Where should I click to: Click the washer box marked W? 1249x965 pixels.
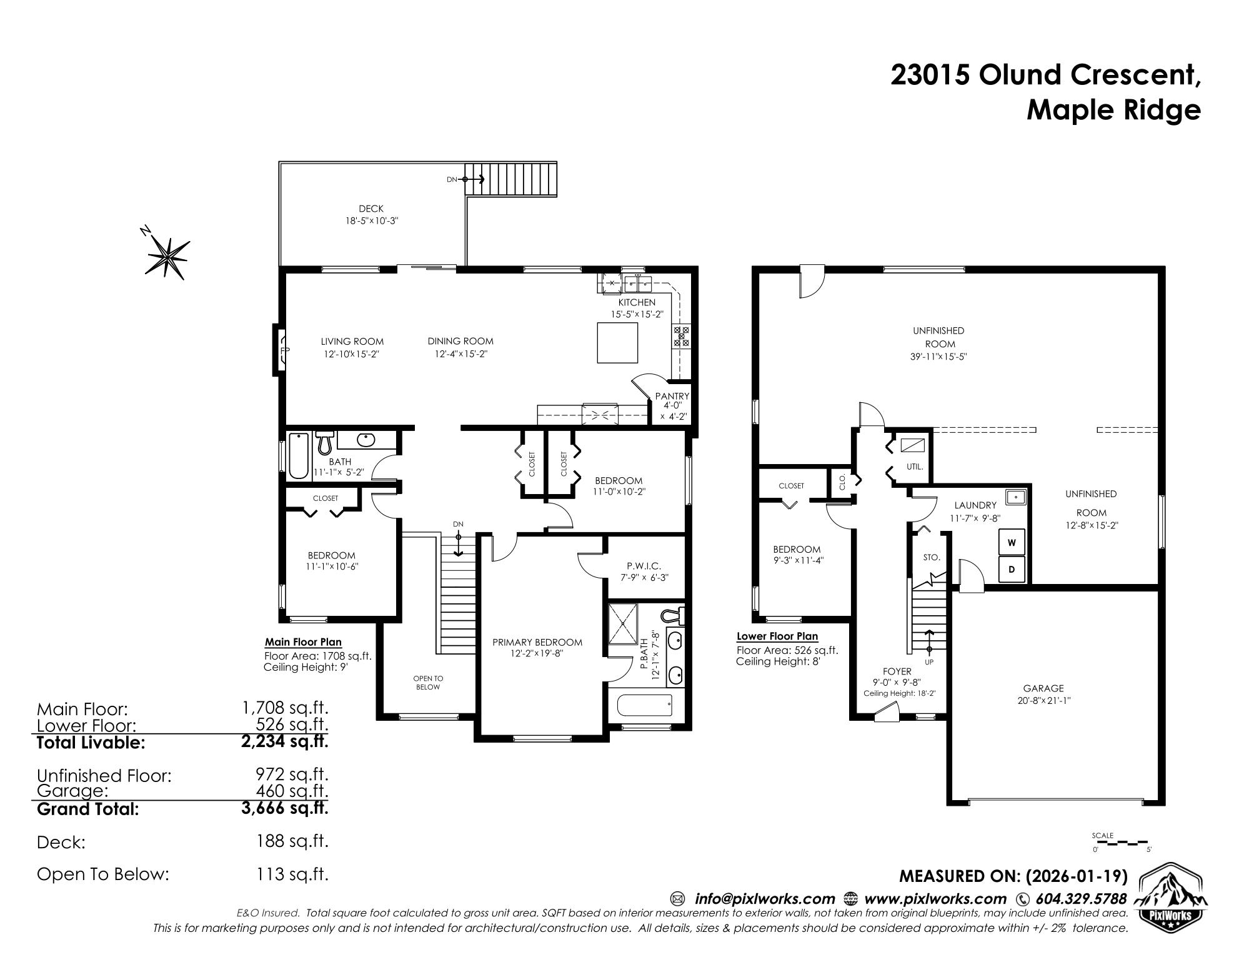1012,543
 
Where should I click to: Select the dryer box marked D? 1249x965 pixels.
1012,570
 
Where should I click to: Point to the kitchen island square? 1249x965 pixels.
618,342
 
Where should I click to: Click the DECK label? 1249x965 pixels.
371,209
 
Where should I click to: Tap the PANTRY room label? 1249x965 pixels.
672,396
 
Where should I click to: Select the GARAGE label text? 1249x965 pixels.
1043,688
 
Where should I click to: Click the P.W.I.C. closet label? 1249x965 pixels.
644,566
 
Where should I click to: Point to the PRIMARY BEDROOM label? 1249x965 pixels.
537,642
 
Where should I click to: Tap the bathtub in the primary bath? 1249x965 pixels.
645,706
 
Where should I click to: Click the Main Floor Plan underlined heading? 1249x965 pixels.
303,642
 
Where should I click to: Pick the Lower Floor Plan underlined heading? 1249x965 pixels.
777,636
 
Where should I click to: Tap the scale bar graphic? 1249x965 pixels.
1122,843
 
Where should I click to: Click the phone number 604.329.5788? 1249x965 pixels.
1081,899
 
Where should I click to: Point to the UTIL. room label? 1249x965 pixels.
915,467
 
